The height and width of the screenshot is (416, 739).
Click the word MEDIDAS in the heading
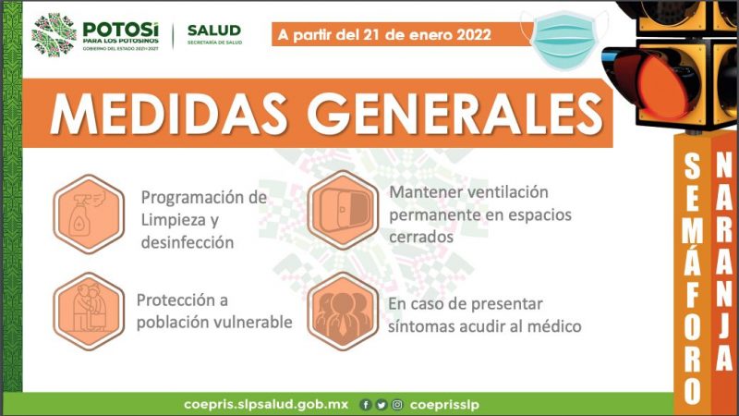[168, 114]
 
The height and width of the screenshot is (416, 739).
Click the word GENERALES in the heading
[455, 114]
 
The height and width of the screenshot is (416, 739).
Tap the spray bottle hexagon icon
[89, 214]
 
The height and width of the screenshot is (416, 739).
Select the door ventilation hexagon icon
[343, 210]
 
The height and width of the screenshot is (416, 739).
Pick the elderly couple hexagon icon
[89, 312]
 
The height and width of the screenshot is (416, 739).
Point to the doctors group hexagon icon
[343, 312]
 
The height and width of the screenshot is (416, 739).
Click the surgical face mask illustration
[565, 40]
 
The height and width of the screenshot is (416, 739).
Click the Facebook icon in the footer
[365, 405]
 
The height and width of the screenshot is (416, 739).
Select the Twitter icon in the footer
[382, 405]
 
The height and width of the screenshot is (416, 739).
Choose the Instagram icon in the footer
[397, 405]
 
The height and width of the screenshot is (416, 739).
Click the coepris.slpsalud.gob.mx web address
[266, 405]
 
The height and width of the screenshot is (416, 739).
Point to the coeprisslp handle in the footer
[444, 405]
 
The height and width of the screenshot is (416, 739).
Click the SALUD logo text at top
[214, 31]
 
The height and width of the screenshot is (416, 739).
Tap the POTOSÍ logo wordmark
[121, 30]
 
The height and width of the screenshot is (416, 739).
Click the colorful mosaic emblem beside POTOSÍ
[54, 35]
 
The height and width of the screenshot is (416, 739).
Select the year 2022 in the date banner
[474, 35]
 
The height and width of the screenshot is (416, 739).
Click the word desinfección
[188, 242]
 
